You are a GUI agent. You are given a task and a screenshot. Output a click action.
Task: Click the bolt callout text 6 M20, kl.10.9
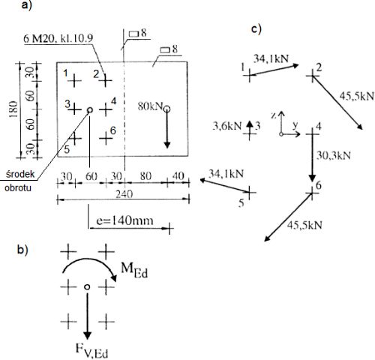[58, 38]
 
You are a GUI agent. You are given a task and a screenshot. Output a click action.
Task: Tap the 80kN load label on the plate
[150, 106]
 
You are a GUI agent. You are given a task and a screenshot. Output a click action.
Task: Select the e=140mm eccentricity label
[124, 220]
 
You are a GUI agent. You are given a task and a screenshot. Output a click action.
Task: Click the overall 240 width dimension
[124, 194]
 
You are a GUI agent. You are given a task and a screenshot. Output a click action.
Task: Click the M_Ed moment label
[134, 271]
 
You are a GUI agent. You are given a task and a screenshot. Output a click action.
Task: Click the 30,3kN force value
[334, 155]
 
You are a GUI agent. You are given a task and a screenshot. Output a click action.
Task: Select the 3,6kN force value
[226, 126]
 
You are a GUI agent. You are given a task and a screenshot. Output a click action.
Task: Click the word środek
[20, 174]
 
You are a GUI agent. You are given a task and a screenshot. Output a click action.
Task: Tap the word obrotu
[18, 187]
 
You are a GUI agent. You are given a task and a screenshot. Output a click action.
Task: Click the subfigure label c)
[256, 29]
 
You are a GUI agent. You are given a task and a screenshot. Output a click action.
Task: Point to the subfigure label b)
[22, 250]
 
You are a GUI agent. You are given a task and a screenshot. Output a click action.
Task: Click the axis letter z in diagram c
[274, 115]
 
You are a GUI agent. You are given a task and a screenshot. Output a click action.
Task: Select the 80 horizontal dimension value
[145, 176]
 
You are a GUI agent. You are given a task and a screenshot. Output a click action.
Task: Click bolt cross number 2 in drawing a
[106, 80]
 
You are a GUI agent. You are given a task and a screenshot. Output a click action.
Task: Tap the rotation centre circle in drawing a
[90, 109]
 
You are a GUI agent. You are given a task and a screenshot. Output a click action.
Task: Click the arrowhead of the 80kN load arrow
[167, 145]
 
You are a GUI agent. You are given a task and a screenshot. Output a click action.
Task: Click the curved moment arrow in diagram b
[90, 260]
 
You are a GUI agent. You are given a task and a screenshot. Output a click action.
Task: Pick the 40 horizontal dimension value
[178, 176]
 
